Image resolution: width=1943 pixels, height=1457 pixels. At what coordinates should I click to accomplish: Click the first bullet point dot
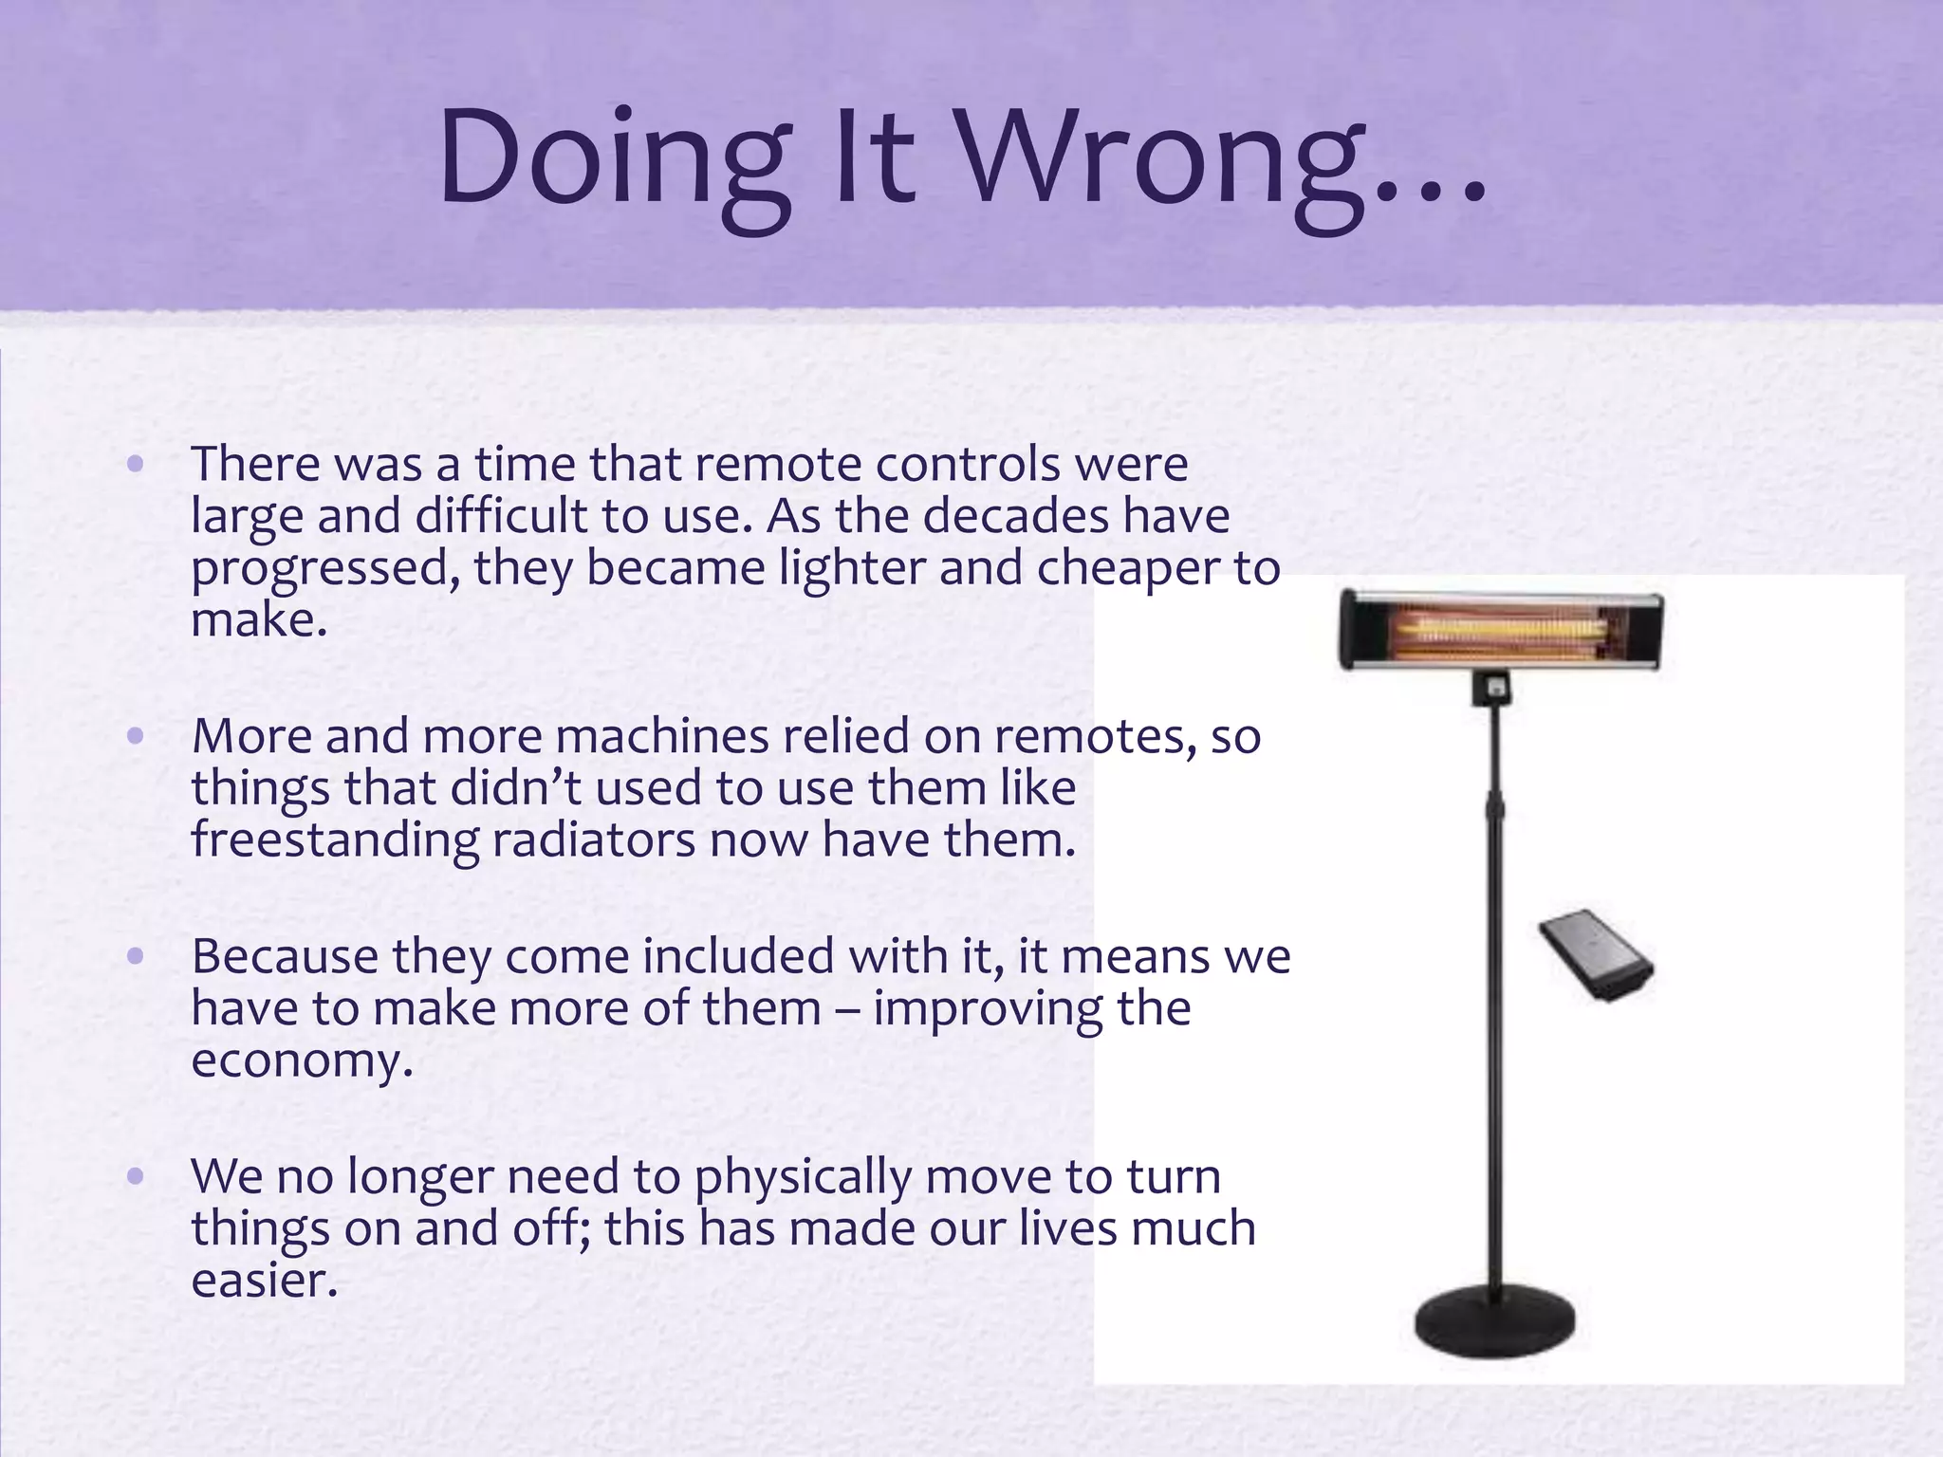pos(135,464)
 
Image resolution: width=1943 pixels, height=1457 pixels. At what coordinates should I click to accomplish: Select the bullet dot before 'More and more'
pos(135,735)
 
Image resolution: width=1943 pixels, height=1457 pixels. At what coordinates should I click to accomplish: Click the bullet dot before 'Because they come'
pos(135,955)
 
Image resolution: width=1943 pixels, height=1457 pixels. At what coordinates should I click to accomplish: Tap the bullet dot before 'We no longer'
pos(135,1176)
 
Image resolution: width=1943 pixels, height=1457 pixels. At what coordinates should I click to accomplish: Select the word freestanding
pos(335,840)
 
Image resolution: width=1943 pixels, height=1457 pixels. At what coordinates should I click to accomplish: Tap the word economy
pos(301,1060)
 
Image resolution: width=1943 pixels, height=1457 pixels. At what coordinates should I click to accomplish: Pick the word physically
pos(802,1177)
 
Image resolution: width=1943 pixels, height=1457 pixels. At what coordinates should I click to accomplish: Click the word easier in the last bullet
pos(264,1281)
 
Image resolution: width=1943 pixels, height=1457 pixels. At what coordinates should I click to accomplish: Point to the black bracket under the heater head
pos(1491,686)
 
